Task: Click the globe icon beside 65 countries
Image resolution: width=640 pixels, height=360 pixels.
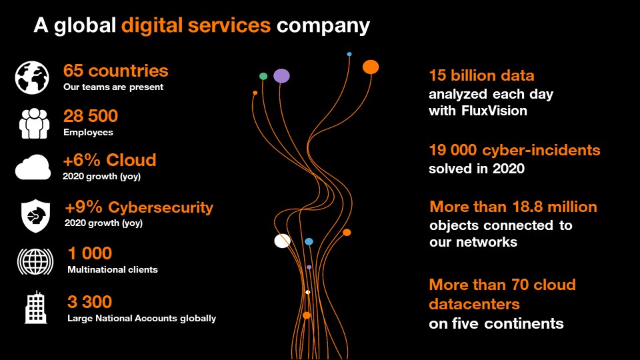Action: (x=32, y=77)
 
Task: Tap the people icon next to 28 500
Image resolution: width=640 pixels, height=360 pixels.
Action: (x=34, y=123)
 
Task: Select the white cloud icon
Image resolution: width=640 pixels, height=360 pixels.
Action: (x=33, y=167)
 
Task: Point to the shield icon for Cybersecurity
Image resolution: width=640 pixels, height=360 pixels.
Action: (x=35, y=216)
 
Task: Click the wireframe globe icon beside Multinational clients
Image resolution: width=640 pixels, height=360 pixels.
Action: (x=35, y=261)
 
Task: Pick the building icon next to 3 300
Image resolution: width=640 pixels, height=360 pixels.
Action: (x=36, y=307)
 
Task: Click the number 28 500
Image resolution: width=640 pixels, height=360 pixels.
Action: (x=91, y=116)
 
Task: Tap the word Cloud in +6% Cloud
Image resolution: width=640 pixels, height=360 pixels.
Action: (x=132, y=160)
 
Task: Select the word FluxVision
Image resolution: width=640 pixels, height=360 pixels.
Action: (x=494, y=111)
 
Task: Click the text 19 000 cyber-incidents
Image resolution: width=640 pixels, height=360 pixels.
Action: (x=514, y=150)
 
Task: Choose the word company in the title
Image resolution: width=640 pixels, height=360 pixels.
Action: (x=323, y=27)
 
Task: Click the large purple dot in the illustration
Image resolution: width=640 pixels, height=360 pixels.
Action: (x=281, y=76)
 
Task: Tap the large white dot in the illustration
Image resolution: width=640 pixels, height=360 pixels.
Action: (x=283, y=241)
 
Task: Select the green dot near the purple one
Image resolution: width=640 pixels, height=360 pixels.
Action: (x=263, y=76)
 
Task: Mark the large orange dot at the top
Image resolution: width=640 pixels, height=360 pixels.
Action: (x=371, y=67)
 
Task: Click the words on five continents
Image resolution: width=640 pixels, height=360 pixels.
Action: (x=496, y=324)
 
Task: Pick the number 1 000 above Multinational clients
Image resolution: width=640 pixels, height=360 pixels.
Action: (x=90, y=253)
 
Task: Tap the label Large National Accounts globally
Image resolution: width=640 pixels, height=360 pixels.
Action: (x=141, y=319)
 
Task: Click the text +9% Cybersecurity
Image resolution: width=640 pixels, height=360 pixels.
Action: (x=139, y=207)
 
